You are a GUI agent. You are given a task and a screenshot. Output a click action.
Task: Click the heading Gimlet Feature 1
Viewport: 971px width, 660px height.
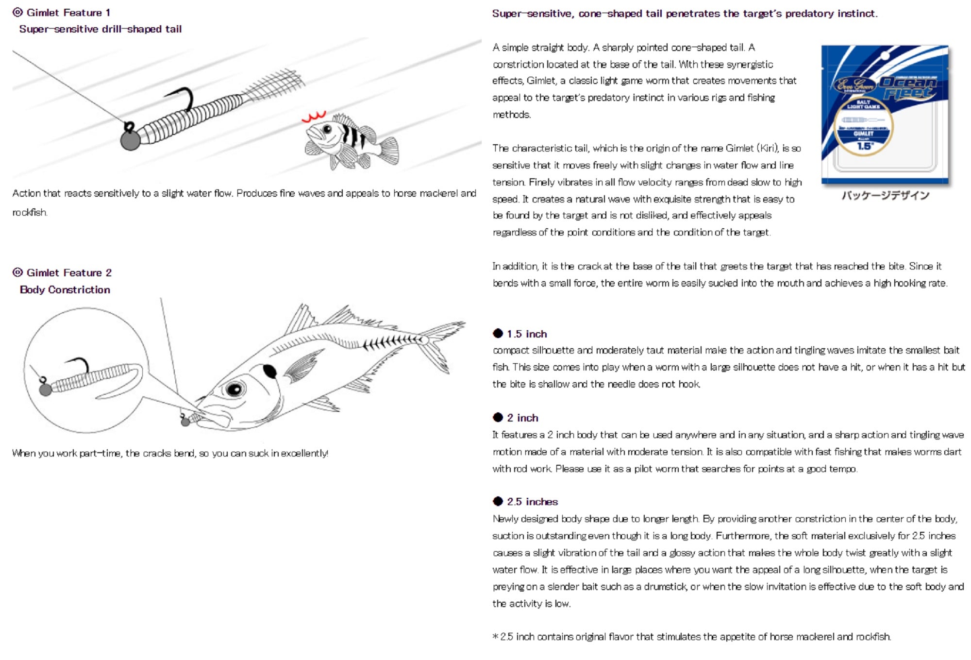pos(68,13)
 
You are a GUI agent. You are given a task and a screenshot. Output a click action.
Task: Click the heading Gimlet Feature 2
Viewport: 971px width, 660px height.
pos(68,273)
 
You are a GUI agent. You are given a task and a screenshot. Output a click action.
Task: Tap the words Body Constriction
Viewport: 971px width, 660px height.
pos(65,290)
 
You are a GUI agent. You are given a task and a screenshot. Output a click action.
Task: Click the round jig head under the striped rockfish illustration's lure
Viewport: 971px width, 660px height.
pos(130,140)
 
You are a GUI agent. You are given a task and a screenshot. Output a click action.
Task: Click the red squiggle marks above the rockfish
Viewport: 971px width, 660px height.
pos(314,117)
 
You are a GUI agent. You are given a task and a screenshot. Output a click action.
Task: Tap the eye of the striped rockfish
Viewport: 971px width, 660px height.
pos(328,129)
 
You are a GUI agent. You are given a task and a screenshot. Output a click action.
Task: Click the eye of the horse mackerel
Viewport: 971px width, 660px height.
pos(234,389)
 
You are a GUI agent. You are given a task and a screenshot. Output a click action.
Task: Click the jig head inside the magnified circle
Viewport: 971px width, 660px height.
pos(45,389)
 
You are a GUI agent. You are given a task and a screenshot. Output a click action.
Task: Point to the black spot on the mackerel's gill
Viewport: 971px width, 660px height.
pos(270,372)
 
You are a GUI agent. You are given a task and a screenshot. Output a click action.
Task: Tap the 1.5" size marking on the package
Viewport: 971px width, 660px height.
pos(865,146)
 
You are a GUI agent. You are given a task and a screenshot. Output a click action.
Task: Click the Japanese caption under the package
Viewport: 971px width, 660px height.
pos(885,196)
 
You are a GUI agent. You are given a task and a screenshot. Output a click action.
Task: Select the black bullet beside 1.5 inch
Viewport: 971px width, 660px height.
pos(498,333)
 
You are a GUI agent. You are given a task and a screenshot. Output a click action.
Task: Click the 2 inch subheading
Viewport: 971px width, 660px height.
pos(522,418)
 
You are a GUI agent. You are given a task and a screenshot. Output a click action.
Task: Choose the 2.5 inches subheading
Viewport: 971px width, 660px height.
pos(532,502)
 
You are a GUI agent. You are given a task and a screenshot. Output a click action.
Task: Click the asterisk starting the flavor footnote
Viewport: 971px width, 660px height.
pos(496,637)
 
